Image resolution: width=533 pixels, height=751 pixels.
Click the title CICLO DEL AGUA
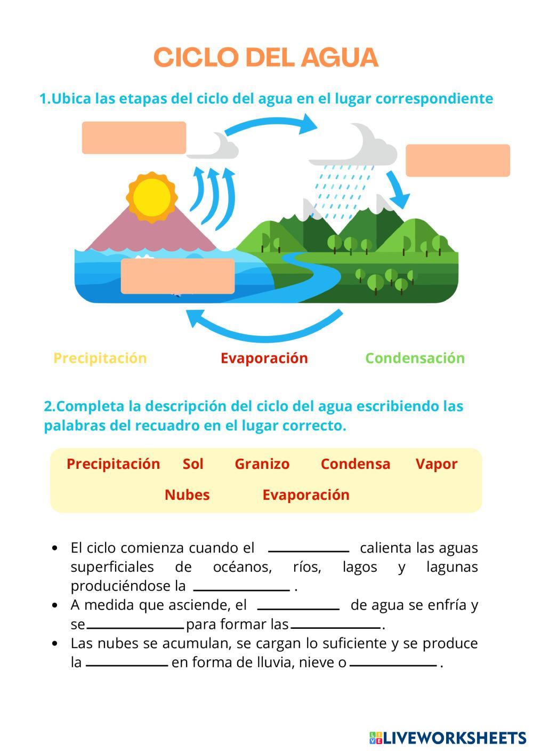click(x=266, y=58)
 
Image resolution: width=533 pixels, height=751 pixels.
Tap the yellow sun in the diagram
click(x=152, y=197)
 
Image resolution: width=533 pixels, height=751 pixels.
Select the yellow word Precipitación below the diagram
click(x=100, y=358)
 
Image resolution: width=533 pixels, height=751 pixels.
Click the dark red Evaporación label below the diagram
click(x=264, y=358)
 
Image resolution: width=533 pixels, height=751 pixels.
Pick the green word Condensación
click(x=415, y=358)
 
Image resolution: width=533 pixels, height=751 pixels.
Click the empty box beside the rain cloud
click(x=457, y=160)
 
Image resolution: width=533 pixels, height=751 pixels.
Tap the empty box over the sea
click(x=177, y=276)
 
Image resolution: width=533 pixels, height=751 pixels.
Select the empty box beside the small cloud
click(x=134, y=138)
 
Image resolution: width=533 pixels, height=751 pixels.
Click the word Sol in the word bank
click(x=193, y=464)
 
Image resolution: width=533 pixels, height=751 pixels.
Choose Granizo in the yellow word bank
click(x=262, y=464)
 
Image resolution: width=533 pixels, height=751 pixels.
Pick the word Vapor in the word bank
click(x=437, y=464)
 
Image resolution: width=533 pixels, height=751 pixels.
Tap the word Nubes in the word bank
click(x=187, y=495)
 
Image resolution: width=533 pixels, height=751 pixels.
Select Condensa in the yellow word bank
click(x=355, y=464)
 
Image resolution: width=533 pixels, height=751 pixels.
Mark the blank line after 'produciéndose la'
click(x=241, y=589)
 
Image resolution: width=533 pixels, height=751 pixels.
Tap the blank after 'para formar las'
click(x=336, y=627)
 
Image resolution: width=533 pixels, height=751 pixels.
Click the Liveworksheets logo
click(x=447, y=738)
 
